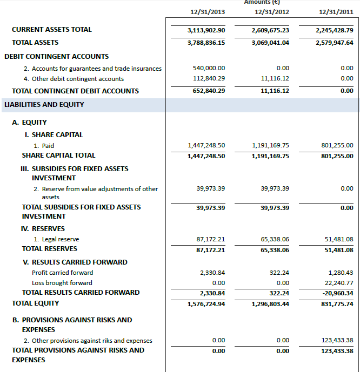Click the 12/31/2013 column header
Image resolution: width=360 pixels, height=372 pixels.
[208, 12]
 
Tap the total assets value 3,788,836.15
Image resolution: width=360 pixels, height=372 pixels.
[206, 43]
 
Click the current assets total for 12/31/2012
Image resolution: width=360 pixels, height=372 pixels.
[270, 30]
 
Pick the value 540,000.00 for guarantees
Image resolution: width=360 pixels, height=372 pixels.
[209, 69]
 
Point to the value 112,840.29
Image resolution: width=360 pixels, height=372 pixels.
[209, 79]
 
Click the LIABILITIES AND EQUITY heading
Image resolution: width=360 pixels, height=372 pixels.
[44, 105]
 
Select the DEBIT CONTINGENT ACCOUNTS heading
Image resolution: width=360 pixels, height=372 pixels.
[56, 57]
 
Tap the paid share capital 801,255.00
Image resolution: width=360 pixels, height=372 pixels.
[337, 146]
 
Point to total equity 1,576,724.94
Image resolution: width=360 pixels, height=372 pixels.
[206, 304]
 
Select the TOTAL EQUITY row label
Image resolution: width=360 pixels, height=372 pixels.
[36, 303]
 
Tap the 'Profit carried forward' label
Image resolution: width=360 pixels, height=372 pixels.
[62, 273]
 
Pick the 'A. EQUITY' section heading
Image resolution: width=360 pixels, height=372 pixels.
[29, 123]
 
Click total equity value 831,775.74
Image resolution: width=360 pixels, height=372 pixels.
[335, 304]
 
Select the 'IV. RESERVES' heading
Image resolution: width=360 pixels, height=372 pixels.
[43, 229]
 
